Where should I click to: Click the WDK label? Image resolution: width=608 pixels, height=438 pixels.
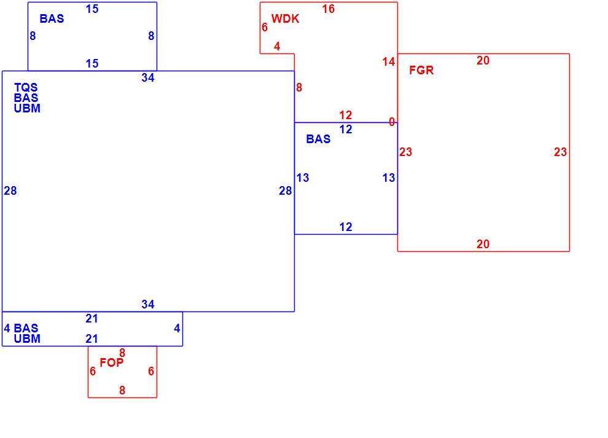(285, 18)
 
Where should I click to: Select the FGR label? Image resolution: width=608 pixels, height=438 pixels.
(421, 70)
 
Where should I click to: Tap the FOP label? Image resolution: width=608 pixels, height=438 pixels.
(112, 362)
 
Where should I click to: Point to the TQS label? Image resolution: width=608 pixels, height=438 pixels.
(26, 87)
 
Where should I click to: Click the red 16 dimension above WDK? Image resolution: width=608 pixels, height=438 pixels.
(328, 9)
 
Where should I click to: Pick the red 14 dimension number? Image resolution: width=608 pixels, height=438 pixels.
(388, 61)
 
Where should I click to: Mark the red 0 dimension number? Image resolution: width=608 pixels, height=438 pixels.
(392, 122)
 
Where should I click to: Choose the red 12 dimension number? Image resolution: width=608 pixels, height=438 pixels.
(346, 115)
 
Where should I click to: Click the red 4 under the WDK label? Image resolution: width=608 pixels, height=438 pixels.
(277, 46)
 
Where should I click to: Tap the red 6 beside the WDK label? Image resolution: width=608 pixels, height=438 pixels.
(265, 27)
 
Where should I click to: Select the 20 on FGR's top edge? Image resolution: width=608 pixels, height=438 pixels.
(483, 61)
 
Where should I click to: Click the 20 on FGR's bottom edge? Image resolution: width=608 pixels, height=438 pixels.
(483, 244)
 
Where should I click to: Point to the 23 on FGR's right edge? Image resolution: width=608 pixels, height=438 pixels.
(560, 152)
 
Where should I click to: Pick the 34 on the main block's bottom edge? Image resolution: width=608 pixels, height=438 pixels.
(148, 304)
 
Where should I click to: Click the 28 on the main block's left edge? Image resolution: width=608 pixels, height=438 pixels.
(10, 190)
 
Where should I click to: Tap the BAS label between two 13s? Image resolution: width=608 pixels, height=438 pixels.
(318, 139)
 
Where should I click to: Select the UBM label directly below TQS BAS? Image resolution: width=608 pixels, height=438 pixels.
(27, 108)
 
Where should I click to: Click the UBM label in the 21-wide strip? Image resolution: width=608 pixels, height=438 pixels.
(27, 338)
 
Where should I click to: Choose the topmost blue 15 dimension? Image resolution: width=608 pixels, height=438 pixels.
(92, 9)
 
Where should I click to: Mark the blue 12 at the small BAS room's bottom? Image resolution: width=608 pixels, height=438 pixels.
(346, 227)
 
